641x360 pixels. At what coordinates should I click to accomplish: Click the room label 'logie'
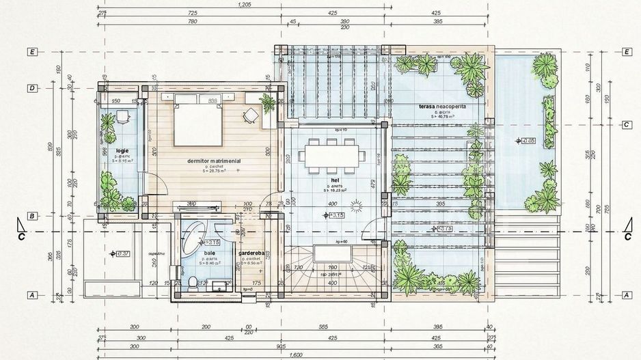click(122, 150)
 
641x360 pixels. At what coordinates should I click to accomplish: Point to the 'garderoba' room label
click(250, 253)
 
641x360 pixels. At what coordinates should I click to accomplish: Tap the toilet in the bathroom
click(193, 280)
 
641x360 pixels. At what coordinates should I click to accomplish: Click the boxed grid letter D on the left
click(31, 88)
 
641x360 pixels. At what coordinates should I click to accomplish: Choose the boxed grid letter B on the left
click(31, 217)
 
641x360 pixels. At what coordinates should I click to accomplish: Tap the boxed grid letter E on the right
click(627, 51)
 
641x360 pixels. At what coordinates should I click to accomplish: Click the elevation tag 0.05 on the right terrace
click(528, 141)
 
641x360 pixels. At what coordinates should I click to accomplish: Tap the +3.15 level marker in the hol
click(336, 215)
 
